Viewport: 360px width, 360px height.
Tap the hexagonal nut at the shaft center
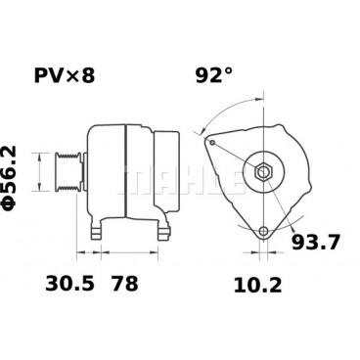click(x=264, y=173)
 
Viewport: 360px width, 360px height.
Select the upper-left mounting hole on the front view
click(x=212, y=141)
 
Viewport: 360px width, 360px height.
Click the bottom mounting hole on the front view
click(x=263, y=232)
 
